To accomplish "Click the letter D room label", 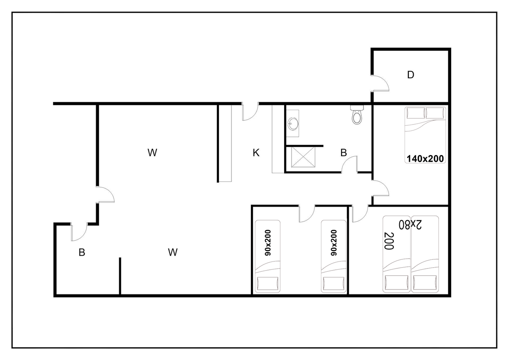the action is (410, 75).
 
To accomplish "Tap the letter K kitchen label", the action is (256, 153).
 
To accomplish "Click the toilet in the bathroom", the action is (357, 115).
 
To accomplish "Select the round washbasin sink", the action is (293, 124).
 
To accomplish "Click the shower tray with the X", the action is (303, 157).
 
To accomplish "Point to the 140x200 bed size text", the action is (425, 159).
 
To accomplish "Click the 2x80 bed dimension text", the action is (410, 224).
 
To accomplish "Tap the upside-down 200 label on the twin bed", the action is (389, 241).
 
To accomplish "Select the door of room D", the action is (380, 83).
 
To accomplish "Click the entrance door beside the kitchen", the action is (250, 111).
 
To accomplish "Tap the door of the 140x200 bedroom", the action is (380, 188).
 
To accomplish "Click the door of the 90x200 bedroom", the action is (307, 214).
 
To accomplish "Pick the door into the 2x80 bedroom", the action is (360, 214).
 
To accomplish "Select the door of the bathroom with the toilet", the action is (349, 164).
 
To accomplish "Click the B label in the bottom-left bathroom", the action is (82, 252).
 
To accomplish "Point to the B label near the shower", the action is (344, 153).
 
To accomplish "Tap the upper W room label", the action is (152, 153).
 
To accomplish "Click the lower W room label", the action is (173, 252).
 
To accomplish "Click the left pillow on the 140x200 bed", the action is (416, 113).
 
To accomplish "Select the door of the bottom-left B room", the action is (79, 232).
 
